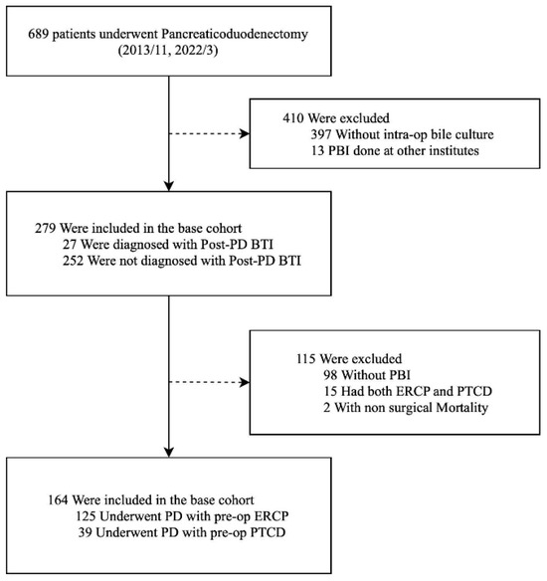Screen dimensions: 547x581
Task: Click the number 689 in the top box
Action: click(x=39, y=35)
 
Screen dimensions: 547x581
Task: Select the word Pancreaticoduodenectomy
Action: click(x=235, y=35)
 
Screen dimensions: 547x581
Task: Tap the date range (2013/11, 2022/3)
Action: click(x=168, y=51)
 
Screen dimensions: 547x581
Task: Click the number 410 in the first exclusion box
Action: click(x=293, y=118)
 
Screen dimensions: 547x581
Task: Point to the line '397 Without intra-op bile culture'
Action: click(x=402, y=134)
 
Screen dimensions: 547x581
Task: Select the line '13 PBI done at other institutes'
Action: click(x=395, y=151)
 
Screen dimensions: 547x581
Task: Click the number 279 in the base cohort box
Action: click(x=45, y=228)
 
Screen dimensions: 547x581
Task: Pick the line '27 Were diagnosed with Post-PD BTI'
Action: click(x=168, y=245)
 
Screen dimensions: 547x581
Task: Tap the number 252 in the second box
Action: click(x=73, y=261)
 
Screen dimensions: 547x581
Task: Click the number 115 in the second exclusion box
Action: click(x=306, y=359)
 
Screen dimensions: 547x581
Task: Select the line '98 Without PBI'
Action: click(x=367, y=375)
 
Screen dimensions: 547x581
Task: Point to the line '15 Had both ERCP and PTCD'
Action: click(x=408, y=392)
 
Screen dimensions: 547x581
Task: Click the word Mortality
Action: click(x=462, y=408)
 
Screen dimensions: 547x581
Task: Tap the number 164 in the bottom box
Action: click(x=58, y=500)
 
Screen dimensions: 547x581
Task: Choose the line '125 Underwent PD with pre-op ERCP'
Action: click(x=182, y=516)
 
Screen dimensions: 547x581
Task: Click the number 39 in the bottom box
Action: click(x=85, y=533)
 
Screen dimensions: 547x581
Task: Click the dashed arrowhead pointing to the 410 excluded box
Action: click(x=245, y=133)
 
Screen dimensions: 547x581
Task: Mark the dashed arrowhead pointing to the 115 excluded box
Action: click(x=245, y=382)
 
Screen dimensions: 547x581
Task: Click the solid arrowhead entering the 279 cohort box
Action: click(x=169, y=186)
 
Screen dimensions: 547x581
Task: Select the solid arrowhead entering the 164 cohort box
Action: click(x=169, y=452)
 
